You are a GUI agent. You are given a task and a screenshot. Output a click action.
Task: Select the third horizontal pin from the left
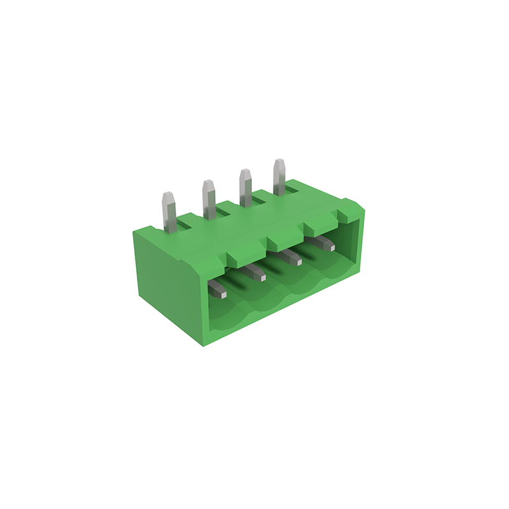click(291, 258)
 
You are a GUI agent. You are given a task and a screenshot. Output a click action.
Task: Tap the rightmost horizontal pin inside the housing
click(324, 242)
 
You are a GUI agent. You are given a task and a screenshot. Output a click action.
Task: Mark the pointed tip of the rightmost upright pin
click(279, 162)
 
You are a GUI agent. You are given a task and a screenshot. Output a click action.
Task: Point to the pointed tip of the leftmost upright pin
click(169, 195)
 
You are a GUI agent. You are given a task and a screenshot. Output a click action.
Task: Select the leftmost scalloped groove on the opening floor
click(229, 318)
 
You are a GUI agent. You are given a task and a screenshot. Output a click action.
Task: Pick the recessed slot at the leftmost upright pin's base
click(185, 222)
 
